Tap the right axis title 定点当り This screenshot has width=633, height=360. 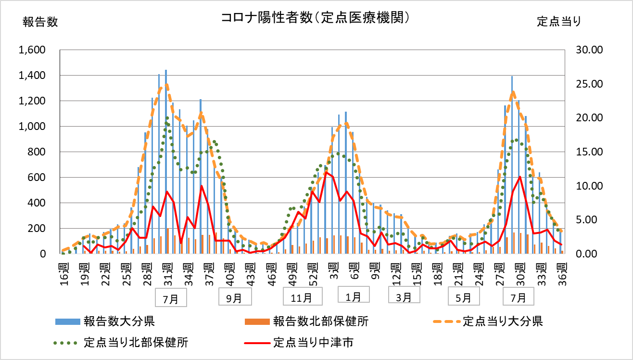(x=559, y=22)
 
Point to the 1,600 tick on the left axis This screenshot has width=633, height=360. (x=31, y=50)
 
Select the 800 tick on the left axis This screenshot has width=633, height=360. (x=38, y=152)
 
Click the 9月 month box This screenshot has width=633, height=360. (x=234, y=297)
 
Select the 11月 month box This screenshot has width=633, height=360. (x=301, y=297)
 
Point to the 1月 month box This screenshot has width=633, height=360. (x=354, y=296)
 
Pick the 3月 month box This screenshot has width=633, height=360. (x=404, y=296)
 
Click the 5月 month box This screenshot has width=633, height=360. (x=463, y=297)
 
